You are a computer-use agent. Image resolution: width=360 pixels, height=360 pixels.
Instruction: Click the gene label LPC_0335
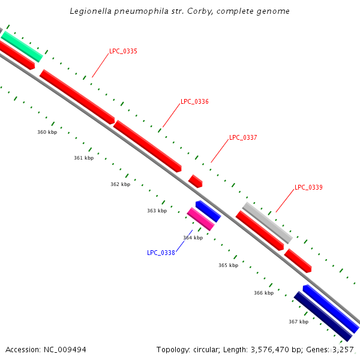click(x=123, y=52)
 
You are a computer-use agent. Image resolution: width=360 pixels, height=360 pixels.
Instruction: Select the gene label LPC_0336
click(x=194, y=102)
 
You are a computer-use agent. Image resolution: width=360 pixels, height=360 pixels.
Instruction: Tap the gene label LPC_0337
click(x=243, y=138)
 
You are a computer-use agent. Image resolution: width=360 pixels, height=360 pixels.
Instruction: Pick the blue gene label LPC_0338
click(x=161, y=253)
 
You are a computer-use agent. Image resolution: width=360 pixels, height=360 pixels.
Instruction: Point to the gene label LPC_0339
click(x=308, y=188)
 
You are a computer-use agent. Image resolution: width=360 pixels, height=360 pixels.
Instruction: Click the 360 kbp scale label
click(x=47, y=132)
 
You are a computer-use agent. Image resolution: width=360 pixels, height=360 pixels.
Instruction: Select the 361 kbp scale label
click(x=83, y=158)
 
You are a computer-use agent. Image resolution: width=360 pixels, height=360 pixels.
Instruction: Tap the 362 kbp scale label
click(x=120, y=185)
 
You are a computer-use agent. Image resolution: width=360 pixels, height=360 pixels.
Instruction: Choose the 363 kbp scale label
click(x=157, y=211)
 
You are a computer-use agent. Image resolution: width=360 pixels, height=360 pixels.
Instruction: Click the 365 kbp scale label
click(x=228, y=265)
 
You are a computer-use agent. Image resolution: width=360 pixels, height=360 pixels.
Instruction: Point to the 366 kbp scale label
click(x=263, y=293)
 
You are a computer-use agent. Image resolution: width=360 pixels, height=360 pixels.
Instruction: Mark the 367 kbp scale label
click(x=298, y=322)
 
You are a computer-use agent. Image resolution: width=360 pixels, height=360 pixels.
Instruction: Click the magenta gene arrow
click(x=200, y=219)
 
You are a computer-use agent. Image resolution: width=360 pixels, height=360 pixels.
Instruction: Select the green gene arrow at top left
click(x=22, y=46)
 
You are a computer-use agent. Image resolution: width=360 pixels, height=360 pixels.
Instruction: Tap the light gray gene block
click(x=268, y=223)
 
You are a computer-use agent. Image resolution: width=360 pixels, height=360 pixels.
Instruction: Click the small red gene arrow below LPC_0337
click(x=196, y=181)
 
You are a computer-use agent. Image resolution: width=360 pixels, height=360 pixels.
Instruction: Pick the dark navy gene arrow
click(x=322, y=316)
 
